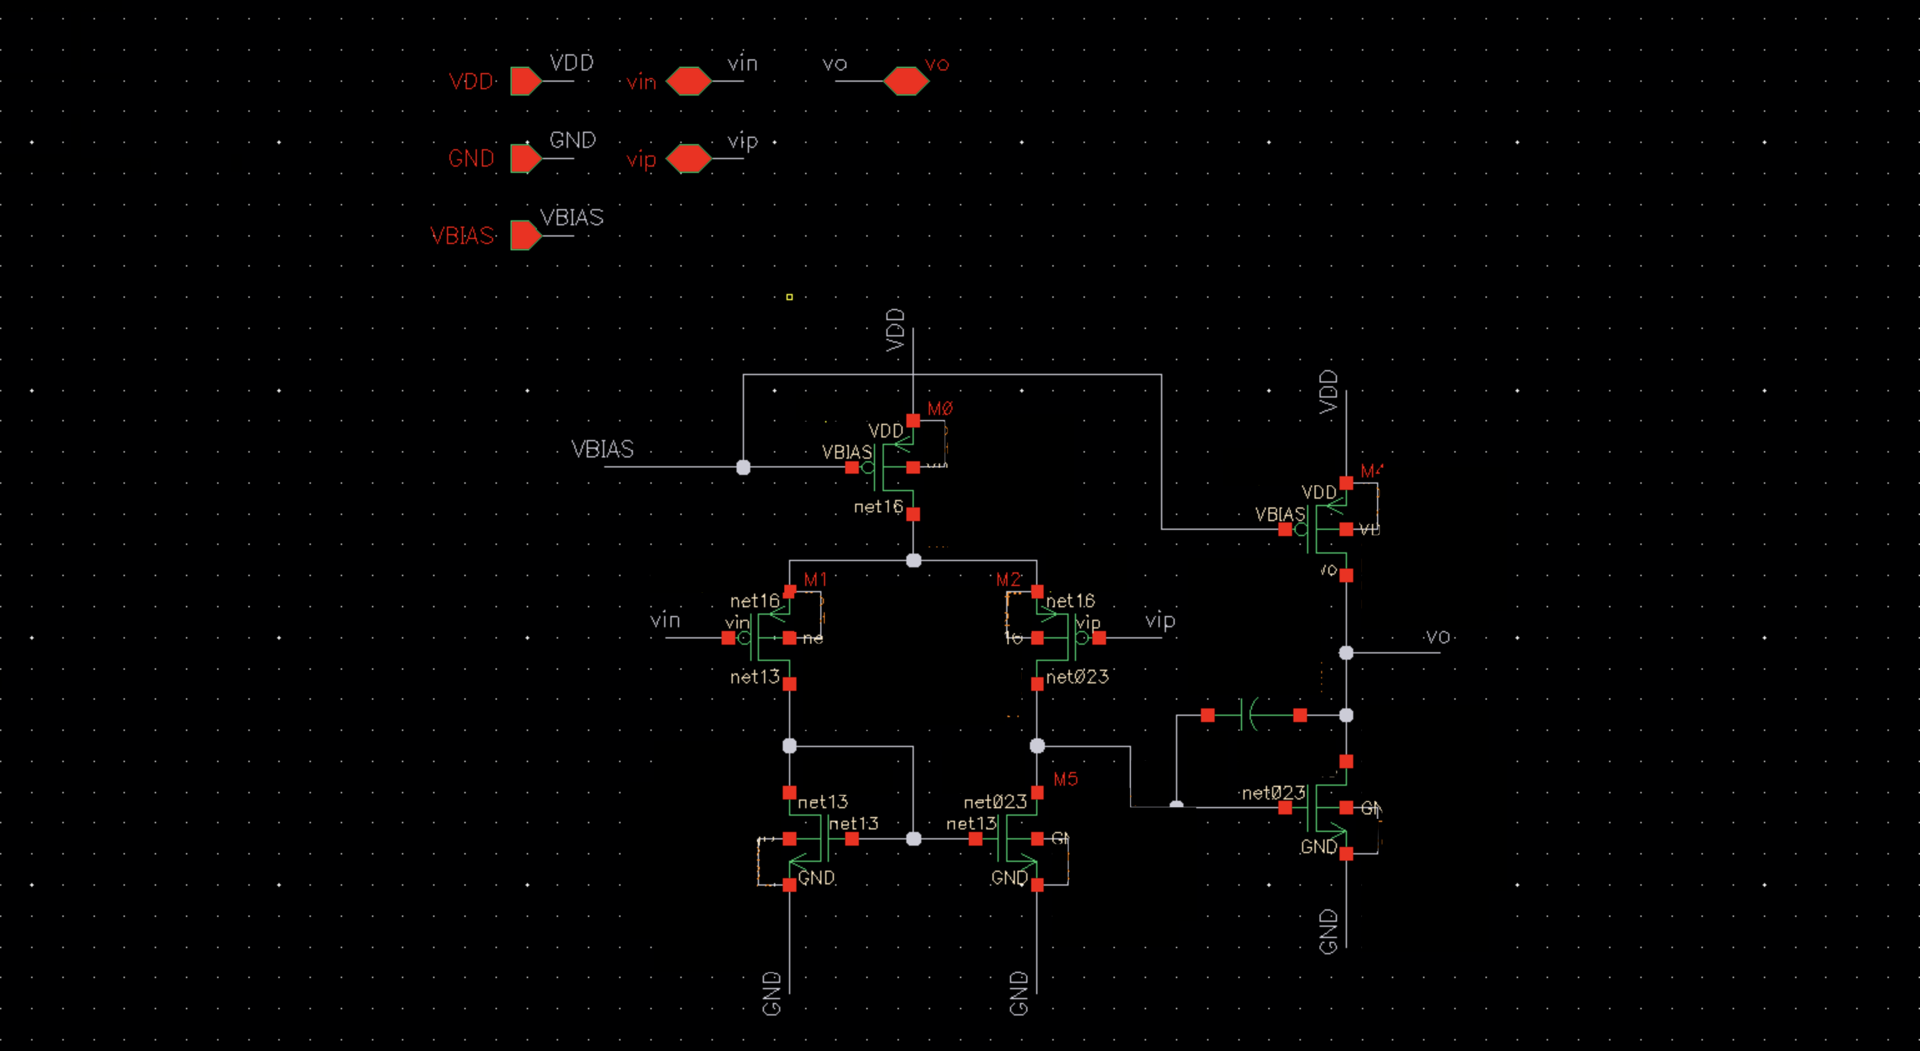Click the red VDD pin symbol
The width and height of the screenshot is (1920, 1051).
(526, 81)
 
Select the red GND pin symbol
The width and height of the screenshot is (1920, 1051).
(526, 159)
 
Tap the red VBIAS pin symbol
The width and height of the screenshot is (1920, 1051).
(526, 235)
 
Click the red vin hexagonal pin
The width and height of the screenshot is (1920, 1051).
(688, 81)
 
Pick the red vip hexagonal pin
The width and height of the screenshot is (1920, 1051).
(688, 159)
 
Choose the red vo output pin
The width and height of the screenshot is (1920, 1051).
(906, 81)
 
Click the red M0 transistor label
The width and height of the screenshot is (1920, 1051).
(940, 408)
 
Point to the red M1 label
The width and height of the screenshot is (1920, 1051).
(815, 579)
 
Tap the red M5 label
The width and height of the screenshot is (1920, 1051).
(1065, 780)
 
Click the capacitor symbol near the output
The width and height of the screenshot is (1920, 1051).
(1248, 715)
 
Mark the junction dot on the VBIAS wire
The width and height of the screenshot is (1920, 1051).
(743, 467)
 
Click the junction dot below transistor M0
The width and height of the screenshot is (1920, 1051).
(913, 560)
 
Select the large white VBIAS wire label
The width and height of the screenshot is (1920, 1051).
(602, 449)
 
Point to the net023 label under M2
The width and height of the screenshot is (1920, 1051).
(1077, 677)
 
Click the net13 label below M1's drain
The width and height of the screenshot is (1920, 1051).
(754, 677)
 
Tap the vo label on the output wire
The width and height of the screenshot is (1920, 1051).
(1438, 637)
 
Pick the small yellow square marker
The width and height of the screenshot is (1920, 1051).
(790, 296)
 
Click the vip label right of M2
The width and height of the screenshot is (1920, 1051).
(1160, 620)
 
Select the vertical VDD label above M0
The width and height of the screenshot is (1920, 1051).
(895, 330)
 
